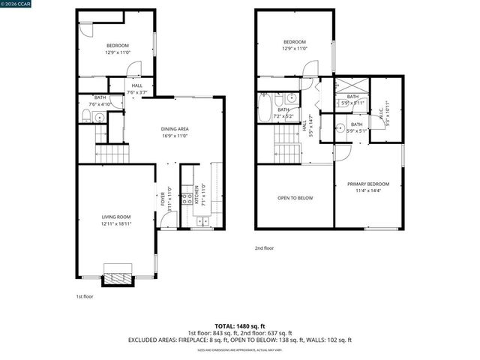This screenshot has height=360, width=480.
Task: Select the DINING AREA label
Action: pyautogui.click(x=175, y=129)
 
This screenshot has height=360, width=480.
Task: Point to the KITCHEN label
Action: pyautogui.click(x=200, y=194)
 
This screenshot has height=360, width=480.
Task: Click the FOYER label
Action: pyautogui.click(x=163, y=199)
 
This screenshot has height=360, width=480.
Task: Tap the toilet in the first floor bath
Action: pyautogui.click(x=85, y=115)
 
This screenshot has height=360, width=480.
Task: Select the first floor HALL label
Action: pyautogui.click(x=137, y=86)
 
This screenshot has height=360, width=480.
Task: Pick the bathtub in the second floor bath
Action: pyautogui.click(x=264, y=109)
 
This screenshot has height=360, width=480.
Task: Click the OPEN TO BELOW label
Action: pyautogui.click(x=295, y=198)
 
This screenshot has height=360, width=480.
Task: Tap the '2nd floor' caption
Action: pyautogui.click(x=264, y=247)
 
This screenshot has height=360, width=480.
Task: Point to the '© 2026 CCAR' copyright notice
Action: pyautogui.click(x=17, y=4)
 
